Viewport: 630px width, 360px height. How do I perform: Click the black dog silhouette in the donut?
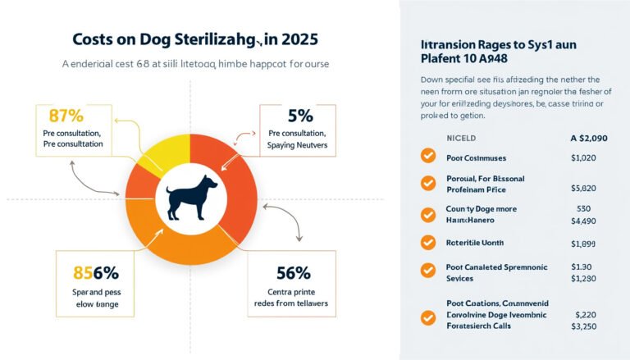pos(189,198)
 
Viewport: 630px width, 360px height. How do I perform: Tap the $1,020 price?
pos(584,157)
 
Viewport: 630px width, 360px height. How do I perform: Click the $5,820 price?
pos(584,188)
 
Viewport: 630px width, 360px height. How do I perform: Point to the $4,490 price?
pos(584,220)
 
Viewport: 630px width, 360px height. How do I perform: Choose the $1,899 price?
pos(584,244)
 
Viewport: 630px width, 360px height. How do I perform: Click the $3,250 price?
pos(584,326)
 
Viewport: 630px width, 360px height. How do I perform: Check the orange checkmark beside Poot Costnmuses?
pos(427,157)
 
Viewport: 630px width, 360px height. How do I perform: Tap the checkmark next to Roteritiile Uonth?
pos(427,243)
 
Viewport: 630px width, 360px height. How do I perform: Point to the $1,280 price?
pos(584,279)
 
